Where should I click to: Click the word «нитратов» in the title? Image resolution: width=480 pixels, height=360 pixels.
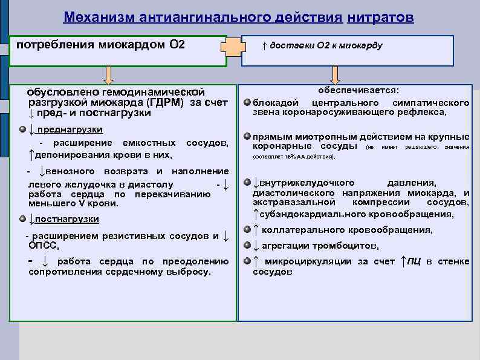(x=380, y=17)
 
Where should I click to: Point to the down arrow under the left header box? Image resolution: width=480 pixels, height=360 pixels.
(x=108, y=75)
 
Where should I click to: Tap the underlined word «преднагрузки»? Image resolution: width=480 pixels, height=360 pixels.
(x=69, y=130)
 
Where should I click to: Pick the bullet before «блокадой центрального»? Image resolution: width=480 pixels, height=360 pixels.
(x=247, y=102)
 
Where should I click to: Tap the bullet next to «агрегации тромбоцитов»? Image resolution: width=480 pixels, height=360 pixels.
(x=247, y=245)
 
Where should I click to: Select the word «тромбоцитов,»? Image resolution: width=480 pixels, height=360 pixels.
(x=345, y=246)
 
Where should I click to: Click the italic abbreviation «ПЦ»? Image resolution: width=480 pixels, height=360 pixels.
(x=414, y=261)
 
